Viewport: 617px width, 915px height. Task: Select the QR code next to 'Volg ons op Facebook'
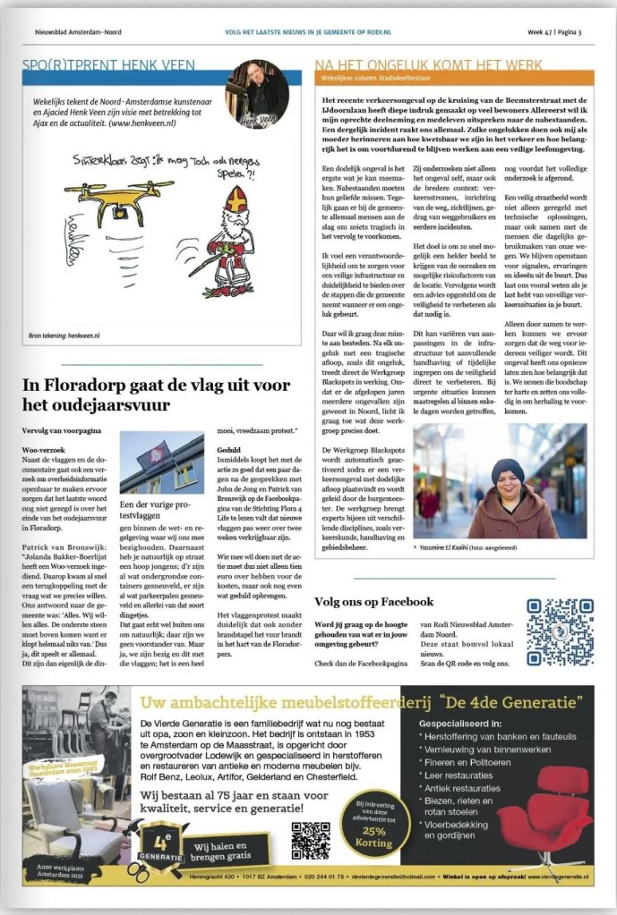pyautogui.click(x=559, y=631)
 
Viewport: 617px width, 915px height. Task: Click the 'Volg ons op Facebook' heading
pyautogui.click(x=373, y=602)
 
